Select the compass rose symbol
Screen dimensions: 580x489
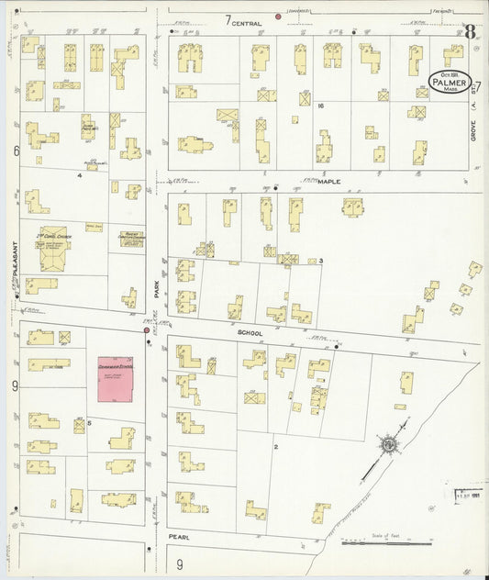[389, 445]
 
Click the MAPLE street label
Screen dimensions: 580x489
[328, 182]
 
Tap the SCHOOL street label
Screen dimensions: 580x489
[250, 332]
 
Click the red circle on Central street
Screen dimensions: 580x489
[279, 17]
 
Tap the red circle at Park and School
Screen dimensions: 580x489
[147, 329]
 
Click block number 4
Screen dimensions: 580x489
[80, 174]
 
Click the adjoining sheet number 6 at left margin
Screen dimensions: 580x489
[16, 150]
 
